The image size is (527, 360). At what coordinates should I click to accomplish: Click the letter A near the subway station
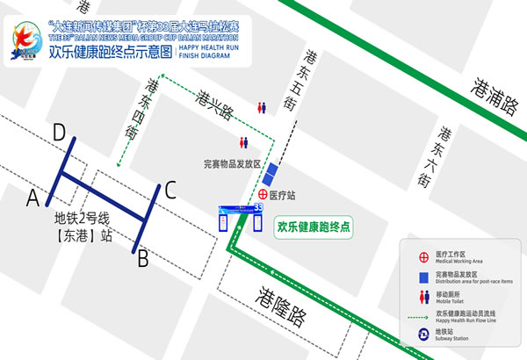32,193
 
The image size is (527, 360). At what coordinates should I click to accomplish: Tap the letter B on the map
141,258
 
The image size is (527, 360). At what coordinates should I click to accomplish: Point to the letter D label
59,133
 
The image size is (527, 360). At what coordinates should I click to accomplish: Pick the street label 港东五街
291,90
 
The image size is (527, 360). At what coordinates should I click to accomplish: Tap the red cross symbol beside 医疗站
263,194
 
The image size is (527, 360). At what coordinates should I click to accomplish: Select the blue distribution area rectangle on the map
274,174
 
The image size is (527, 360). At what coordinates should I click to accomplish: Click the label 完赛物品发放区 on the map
232,163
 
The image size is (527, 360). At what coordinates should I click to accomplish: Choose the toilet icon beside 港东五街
261,107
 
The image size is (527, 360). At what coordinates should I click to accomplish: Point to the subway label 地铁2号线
83,220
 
